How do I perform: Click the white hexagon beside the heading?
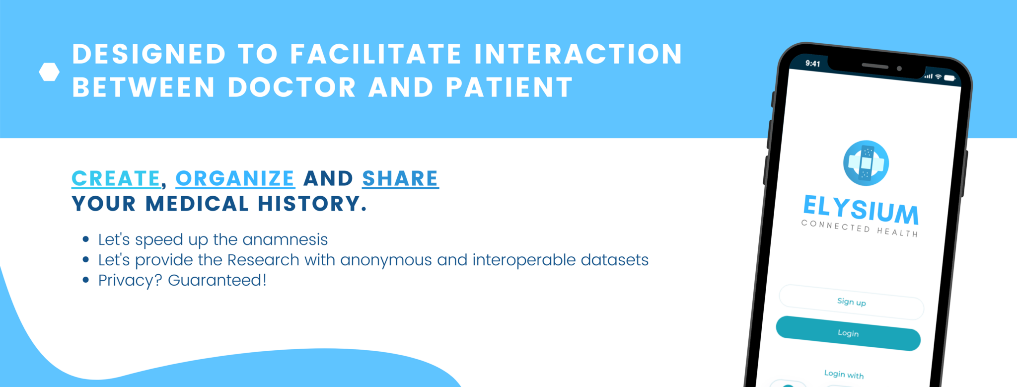click(49, 72)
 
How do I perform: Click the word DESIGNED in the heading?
click(149, 54)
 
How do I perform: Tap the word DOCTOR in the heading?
click(292, 87)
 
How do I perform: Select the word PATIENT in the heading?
click(509, 87)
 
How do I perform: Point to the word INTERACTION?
click(579, 54)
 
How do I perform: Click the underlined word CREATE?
click(116, 179)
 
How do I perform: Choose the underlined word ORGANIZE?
click(235, 179)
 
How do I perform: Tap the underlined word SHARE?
click(400, 179)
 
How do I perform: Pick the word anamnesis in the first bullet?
click(285, 240)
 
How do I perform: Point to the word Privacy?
click(130, 281)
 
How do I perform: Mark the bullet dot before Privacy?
click(86, 280)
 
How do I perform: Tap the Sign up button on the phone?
click(851, 302)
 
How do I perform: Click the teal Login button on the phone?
click(848, 333)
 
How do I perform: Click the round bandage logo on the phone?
click(866, 163)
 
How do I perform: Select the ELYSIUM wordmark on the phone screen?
click(861, 209)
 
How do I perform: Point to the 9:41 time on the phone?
click(813, 64)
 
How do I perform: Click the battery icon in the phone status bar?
click(949, 78)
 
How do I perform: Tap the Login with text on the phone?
click(844, 374)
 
